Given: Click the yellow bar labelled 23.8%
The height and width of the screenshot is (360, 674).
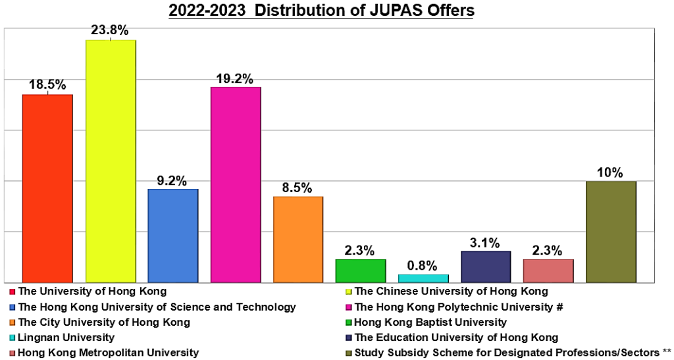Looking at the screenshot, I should click(111, 161).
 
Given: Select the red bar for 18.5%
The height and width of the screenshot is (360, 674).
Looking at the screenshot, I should click(47, 188).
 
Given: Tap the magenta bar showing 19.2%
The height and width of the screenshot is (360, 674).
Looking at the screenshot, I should click(236, 184).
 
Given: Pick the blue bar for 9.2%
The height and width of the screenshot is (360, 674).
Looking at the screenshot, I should click(173, 236).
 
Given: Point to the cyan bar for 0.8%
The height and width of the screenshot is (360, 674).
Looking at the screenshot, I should click(423, 278).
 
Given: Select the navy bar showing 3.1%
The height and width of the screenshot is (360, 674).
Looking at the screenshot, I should click(486, 267).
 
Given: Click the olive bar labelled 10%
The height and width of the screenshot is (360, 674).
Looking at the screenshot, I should click(611, 232).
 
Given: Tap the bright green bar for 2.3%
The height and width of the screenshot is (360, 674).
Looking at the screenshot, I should click(361, 270).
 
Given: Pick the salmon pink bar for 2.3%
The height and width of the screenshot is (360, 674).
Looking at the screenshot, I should click(548, 270).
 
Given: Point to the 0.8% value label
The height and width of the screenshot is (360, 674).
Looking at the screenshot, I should click(423, 266).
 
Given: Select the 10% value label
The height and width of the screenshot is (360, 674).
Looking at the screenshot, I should click(611, 172).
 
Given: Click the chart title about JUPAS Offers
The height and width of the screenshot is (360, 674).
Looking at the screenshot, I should click(321, 11).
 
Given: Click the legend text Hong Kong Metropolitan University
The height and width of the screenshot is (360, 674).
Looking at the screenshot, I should click(109, 353).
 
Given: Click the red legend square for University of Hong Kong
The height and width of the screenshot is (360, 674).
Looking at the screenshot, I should click(13, 291).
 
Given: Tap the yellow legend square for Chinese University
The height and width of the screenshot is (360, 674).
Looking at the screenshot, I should click(350, 291).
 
